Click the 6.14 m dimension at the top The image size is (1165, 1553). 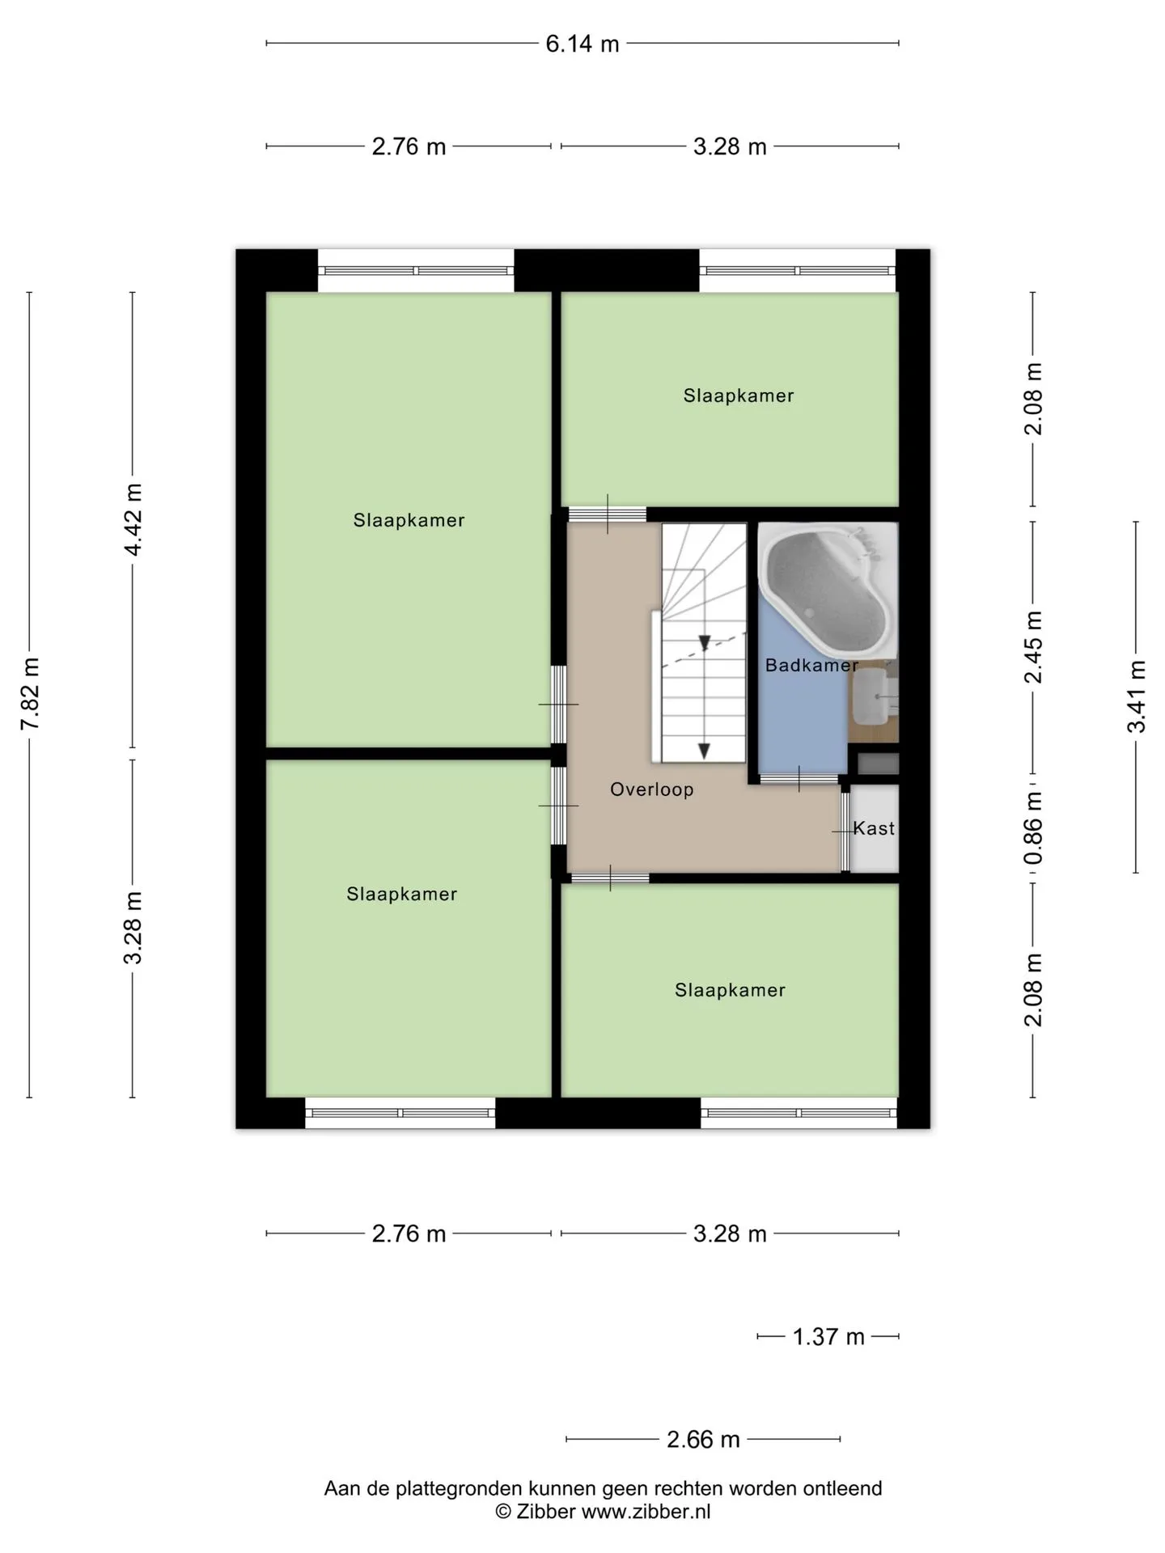(x=582, y=44)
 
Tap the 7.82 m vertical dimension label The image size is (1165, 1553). (x=30, y=694)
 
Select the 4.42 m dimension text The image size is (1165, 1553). (x=133, y=519)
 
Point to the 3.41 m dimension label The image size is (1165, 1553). (x=1137, y=696)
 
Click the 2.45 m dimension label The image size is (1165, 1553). (x=1033, y=646)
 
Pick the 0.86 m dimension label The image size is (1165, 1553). (x=1033, y=827)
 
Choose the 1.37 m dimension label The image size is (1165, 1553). (x=828, y=1337)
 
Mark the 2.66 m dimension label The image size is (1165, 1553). (x=703, y=1440)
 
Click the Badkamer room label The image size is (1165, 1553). (x=811, y=665)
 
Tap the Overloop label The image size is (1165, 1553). (x=651, y=789)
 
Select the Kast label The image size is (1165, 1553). (x=874, y=828)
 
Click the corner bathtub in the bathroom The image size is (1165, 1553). (x=828, y=590)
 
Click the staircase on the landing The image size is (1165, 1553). (x=703, y=643)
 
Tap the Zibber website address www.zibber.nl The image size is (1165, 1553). (x=646, y=1511)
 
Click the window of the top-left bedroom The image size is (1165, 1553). (x=416, y=271)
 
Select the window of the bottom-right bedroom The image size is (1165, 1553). (x=799, y=1113)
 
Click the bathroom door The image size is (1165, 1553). (x=799, y=779)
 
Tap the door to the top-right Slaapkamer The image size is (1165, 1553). (x=608, y=514)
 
